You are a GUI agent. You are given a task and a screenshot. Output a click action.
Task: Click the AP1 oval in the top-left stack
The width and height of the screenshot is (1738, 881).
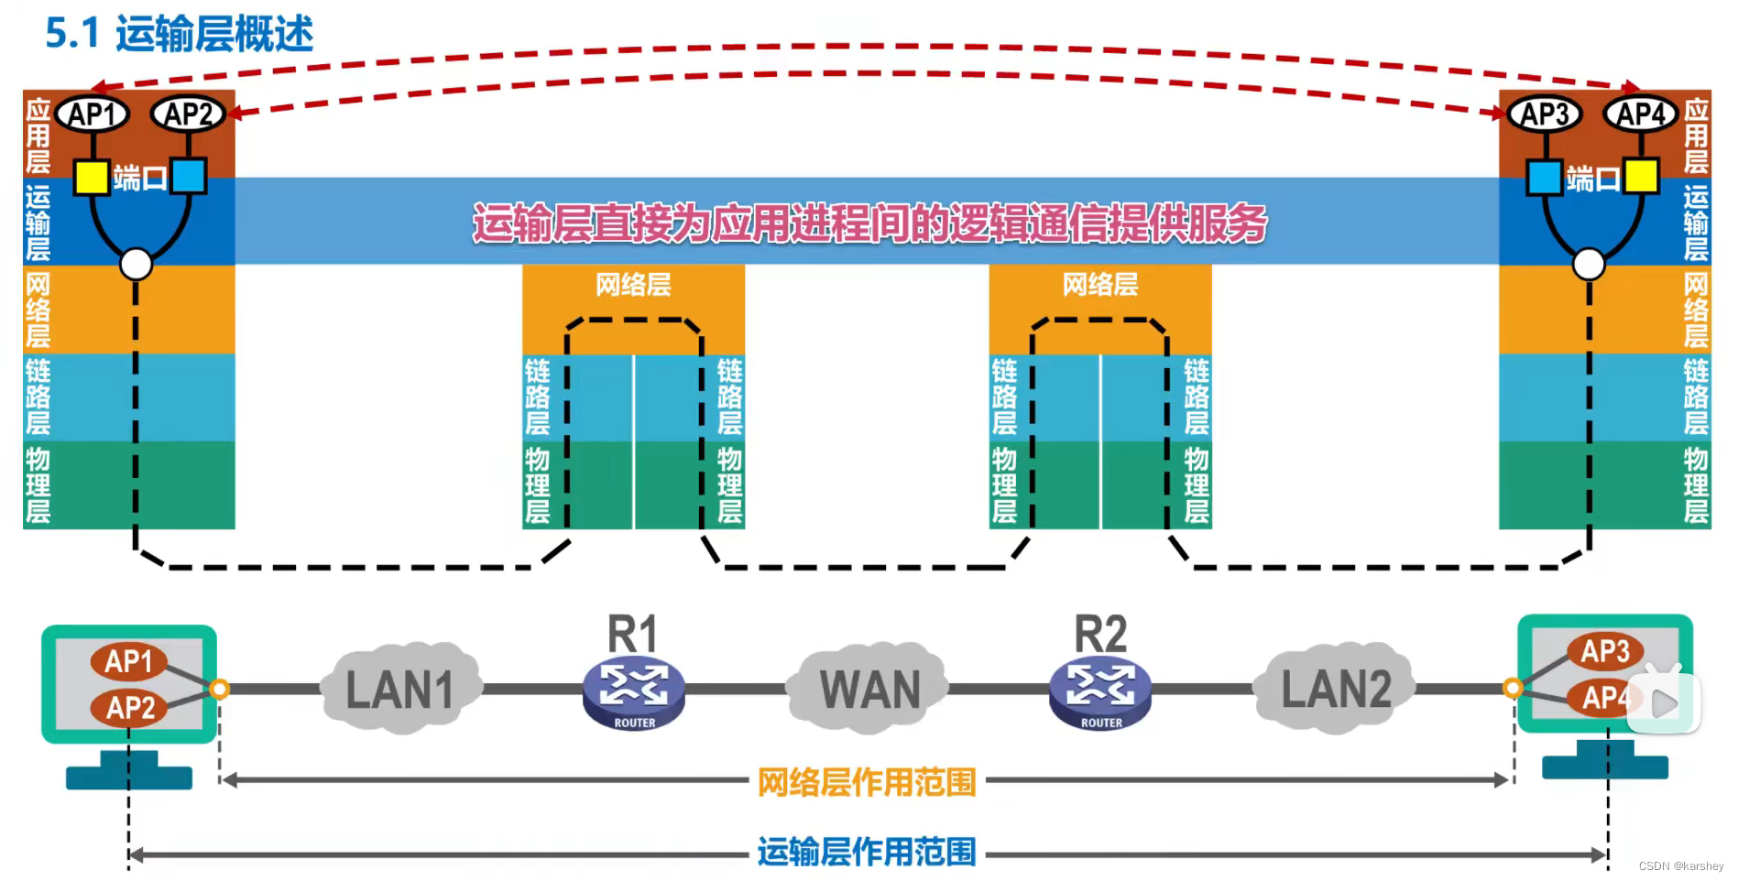[x=93, y=114]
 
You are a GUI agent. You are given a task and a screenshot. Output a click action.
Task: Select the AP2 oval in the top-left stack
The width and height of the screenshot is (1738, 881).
[x=189, y=114]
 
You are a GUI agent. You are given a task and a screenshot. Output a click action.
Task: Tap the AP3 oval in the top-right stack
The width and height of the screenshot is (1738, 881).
[x=1545, y=114]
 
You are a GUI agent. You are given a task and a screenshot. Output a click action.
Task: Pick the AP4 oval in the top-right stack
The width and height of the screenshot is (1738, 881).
[x=1640, y=114]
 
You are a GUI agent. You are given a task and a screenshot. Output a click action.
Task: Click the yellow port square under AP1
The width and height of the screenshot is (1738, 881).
[x=92, y=177]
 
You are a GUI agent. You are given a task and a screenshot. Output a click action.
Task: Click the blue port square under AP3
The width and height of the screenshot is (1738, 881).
[x=1544, y=177]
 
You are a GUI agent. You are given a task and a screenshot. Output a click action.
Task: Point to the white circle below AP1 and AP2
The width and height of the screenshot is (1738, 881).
[x=137, y=265]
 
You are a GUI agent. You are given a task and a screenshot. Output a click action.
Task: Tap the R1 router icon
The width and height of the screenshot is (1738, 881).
[x=634, y=694]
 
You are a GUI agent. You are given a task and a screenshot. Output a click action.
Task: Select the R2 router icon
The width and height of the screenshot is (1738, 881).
[x=1100, y=694]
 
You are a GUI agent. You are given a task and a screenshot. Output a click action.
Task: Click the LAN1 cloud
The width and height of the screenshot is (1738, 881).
[x=400, y=689]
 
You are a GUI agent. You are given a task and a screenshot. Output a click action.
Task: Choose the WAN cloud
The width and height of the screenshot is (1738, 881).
[x=869, y=689]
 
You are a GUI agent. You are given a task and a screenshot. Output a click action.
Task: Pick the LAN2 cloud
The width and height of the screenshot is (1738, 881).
[x=1335, y=689]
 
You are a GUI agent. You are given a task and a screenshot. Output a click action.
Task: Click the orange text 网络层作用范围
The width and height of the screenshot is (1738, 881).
[x=867, y=782]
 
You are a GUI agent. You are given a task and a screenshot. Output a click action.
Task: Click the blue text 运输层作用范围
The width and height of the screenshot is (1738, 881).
[x=867, y=853]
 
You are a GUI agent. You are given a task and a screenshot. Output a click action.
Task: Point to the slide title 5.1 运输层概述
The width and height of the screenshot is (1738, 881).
[x=180, y=34]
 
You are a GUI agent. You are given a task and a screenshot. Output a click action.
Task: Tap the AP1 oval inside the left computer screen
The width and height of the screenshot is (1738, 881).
[x=128, y=660]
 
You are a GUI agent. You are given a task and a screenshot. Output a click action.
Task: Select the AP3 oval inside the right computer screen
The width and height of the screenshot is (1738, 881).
[x=1605, y=651]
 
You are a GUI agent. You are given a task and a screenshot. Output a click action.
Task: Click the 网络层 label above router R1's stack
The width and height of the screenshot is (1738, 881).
[x=633, y=285]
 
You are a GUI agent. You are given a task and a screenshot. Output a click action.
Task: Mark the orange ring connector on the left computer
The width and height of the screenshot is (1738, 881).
[x=219, y=689]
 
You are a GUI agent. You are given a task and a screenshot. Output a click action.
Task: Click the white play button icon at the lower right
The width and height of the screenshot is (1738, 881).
[x=1664, y=703]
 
